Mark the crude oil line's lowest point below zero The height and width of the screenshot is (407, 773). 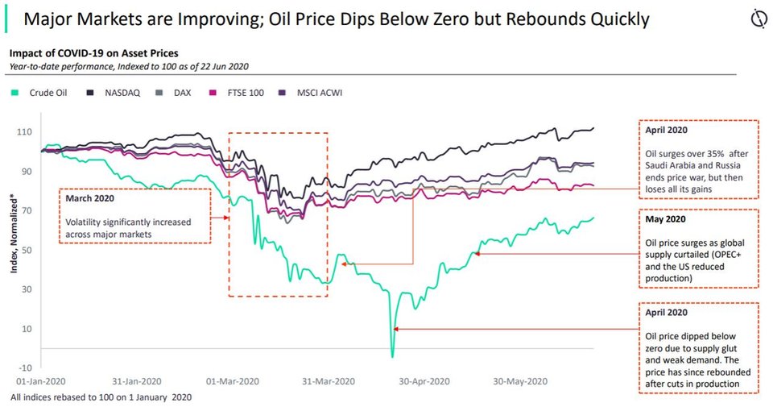(392, 356)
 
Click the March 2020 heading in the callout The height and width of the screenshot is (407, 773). (89, 198)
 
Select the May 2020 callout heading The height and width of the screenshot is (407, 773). (665, 218)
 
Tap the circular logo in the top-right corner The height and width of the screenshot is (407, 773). (756, 19)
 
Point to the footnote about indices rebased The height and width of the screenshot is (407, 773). (101, 397)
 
